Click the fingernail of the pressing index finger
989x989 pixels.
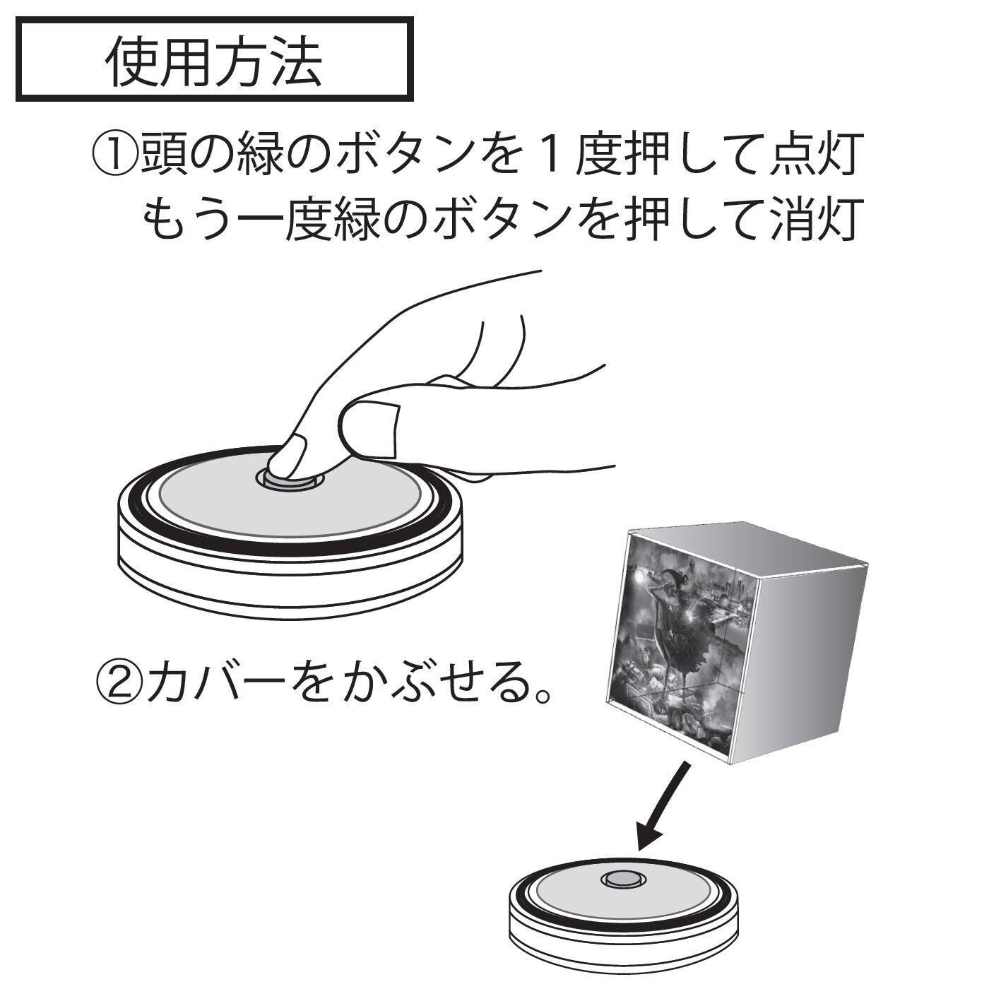point(289,454)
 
